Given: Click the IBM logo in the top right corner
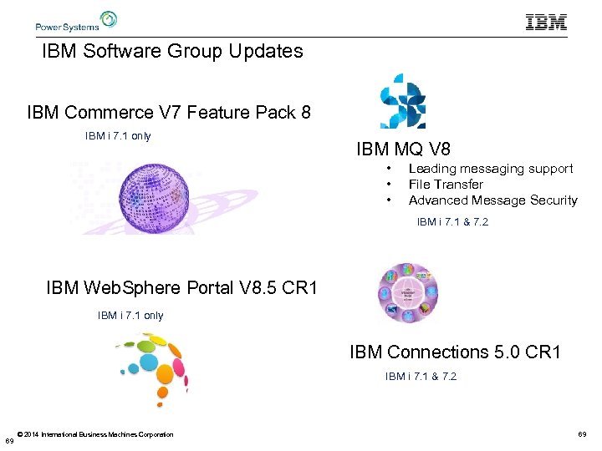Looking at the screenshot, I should (x=546, y=23).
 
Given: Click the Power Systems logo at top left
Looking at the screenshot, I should (x=76, y=21).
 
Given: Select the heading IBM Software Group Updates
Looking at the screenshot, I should (x=172, y=51).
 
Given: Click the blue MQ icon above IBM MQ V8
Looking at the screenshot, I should (x=404, y=102).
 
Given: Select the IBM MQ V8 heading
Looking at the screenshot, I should (x=403, y=149).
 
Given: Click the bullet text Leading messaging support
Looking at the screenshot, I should (x=490, y=169).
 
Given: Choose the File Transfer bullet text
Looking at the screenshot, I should (x=445, y=185).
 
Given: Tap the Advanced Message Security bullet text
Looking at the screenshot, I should (x=492, y=200).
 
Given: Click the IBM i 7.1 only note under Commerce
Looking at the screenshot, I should (x=118, y=136).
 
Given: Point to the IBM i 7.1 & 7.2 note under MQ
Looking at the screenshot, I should (x=452, y=222).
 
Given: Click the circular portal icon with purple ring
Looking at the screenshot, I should (x=407, y=292).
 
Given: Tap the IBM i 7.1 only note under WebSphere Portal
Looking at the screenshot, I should (x=130, y=316).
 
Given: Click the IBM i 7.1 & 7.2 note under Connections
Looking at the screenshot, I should (x=421, y=377).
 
